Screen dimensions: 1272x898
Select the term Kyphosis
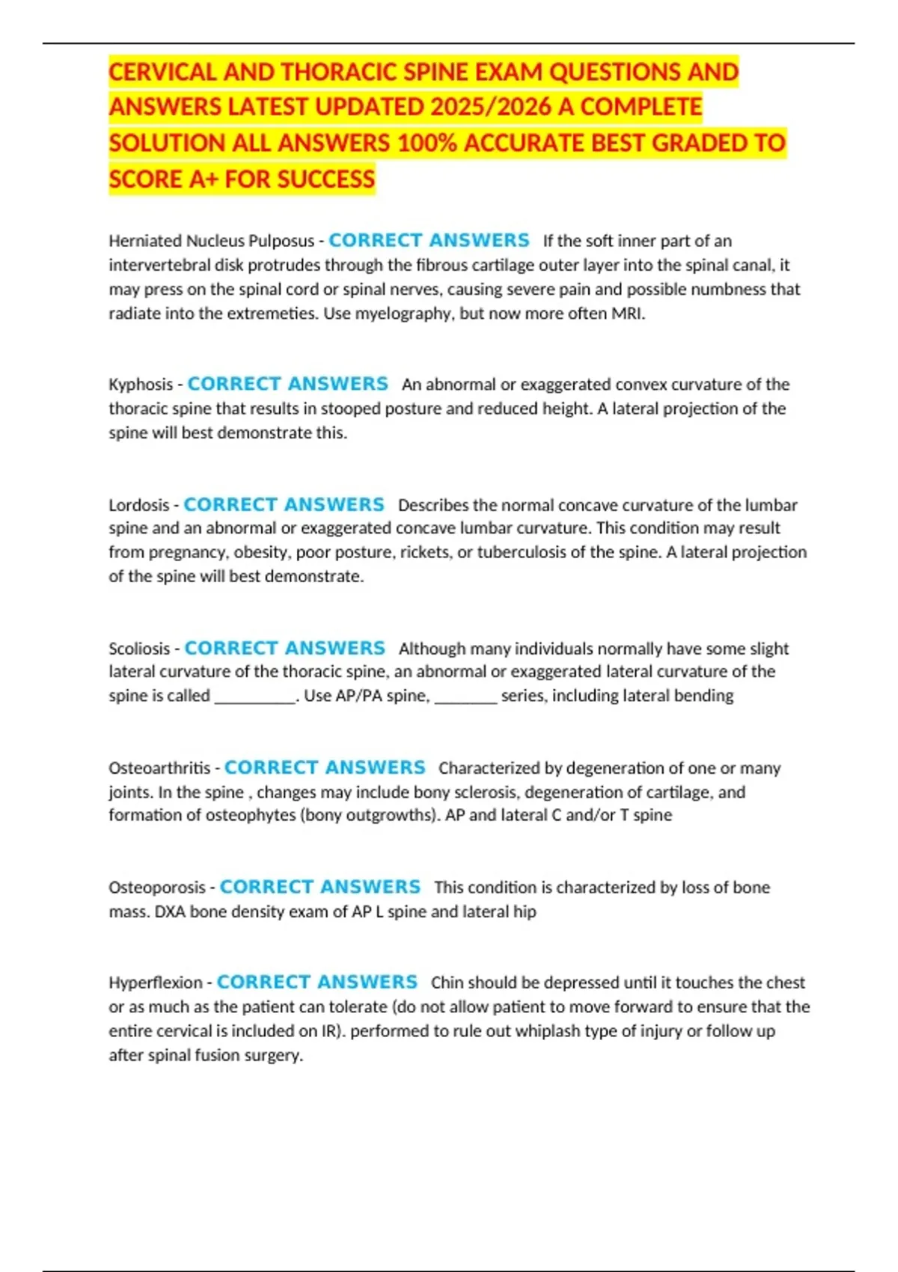click(x=141, y=385)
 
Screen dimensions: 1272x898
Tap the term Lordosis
click(x=139, y=505)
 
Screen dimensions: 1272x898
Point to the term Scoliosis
click(x=139, y=649)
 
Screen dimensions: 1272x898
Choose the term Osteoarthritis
click(x=159, y=768)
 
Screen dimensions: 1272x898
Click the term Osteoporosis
click(x=157, y=887)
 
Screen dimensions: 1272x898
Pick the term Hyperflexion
click(x=156, y=982)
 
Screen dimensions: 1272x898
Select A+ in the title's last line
click(x=201, y=180)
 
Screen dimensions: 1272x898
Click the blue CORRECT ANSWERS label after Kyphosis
click(x=287, y=384)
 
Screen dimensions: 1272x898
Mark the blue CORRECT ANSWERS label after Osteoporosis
click(x=320, y=887)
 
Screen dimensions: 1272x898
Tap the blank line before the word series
click(x=465, y=697)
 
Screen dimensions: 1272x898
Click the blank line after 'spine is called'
click(x=255, y=697)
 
